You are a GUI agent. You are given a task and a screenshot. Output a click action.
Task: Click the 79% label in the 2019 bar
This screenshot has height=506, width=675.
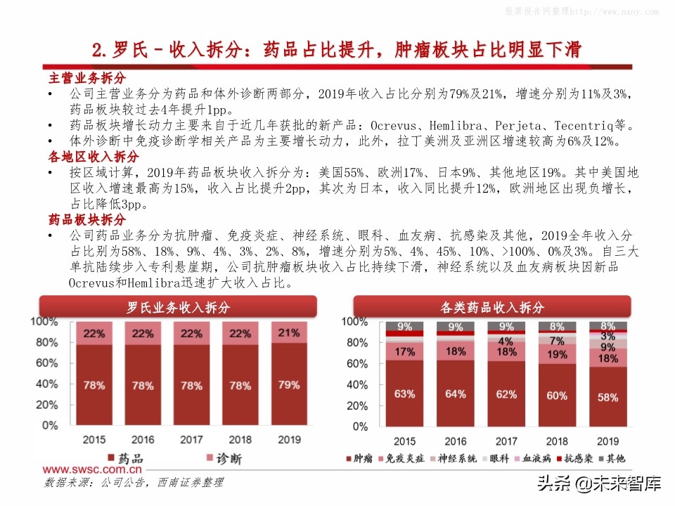[x=288, y=385]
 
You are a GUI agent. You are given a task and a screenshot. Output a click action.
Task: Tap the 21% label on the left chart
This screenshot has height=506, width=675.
[x=288, y=333]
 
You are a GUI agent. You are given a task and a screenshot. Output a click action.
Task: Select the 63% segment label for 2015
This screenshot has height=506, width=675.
[x=404, y=394]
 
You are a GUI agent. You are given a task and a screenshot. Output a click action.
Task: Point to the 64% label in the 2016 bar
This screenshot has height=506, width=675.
[x=455, y=394]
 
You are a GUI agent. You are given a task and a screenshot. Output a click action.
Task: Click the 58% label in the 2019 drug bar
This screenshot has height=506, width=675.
[x=607, y=397]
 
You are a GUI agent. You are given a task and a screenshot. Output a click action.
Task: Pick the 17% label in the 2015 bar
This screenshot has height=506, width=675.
[x=404, y=351]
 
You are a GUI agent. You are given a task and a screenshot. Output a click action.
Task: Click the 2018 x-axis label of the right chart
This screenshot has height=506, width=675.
[x=557, y=441]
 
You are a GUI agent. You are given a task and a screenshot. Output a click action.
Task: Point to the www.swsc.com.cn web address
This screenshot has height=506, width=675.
[x=92, y=470]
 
